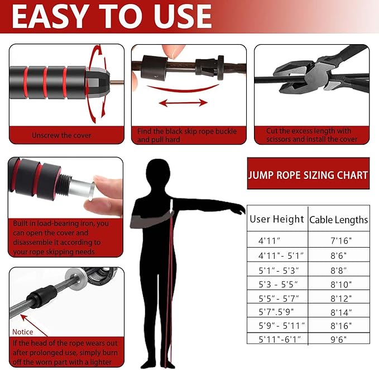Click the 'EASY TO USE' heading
pyautogui.click(x=112, y=16)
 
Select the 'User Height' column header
pyautogui.click(x=277, y=219)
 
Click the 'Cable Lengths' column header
pyautogui.click(x=338, y=220)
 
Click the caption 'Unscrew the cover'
pyautogui.click(x=61, y=135)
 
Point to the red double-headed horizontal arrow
pyautogui.click(x=184, y=103)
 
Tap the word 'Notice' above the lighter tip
pyautogui.click(x=22, y=331)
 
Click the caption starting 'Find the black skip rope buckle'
pyautogui.click(x=187, y=135)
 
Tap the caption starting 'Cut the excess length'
pyautogui.click(x=312, y=135)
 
